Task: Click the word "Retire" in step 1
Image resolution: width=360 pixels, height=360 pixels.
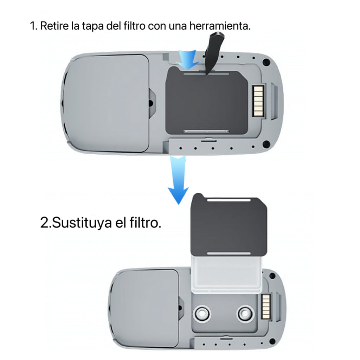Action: [x=54, y=26]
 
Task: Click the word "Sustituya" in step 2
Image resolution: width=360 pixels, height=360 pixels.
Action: [x=82, y=223]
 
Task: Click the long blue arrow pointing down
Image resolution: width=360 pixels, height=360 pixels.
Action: [x=178, y=180]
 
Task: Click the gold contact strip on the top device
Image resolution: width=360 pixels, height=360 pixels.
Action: [x=258, y=101]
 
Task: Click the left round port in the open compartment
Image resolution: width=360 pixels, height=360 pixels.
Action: [x=202, y=313]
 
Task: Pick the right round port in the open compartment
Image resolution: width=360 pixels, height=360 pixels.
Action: [x=245, y=313]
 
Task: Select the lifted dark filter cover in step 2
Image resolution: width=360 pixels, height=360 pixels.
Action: [x=229, y=225]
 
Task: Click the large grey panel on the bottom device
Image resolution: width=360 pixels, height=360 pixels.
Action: [x=144, y=308]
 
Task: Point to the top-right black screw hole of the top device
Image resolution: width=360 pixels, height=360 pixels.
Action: [x=266, y=62]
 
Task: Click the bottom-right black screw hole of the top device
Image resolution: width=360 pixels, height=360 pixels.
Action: [x=266, y=144]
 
